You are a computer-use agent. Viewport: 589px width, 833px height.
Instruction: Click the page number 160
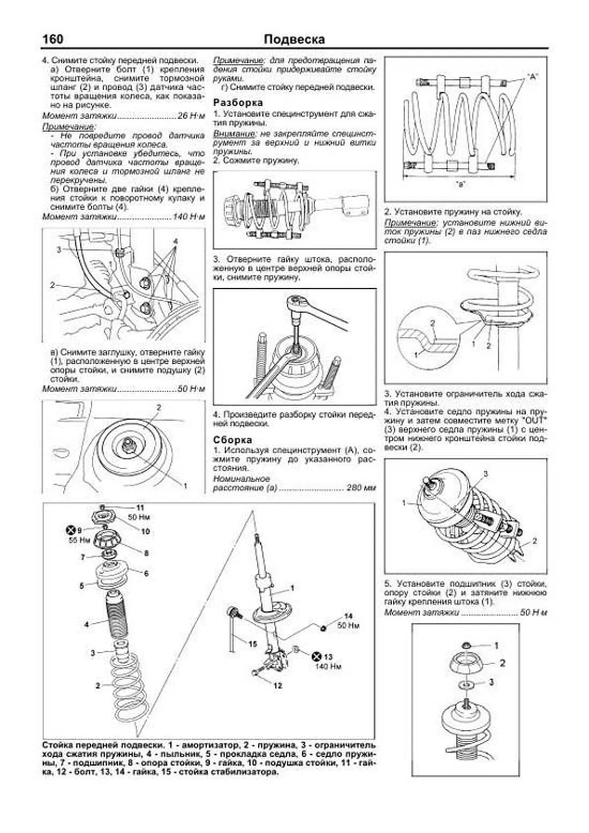53,39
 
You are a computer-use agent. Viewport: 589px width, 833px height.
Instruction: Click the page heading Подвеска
294,39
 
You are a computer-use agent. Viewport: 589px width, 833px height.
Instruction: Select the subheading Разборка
238,103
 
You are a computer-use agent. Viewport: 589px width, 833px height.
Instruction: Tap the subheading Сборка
233,440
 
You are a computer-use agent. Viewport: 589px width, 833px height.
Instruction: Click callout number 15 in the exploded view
252,644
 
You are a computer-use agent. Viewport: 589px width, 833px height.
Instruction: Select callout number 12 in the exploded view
278,685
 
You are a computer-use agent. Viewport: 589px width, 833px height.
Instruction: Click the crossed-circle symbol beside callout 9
71,530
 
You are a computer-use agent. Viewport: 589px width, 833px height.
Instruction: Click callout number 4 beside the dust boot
86,624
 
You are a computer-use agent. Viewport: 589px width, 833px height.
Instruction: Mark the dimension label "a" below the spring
460,184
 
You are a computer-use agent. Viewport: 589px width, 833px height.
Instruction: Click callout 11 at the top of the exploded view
140,508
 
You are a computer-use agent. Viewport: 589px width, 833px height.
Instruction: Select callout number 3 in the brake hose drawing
59,250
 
